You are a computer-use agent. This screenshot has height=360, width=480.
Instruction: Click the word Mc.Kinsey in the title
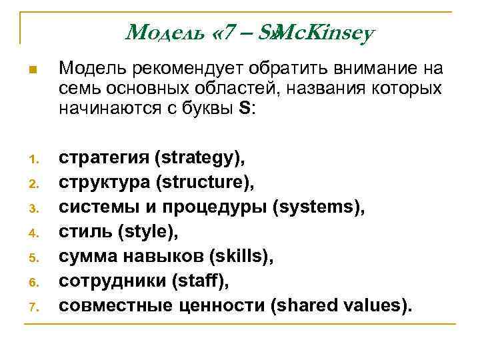tap(323, 32)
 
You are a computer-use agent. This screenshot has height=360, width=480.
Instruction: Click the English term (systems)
tap(319, 207)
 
